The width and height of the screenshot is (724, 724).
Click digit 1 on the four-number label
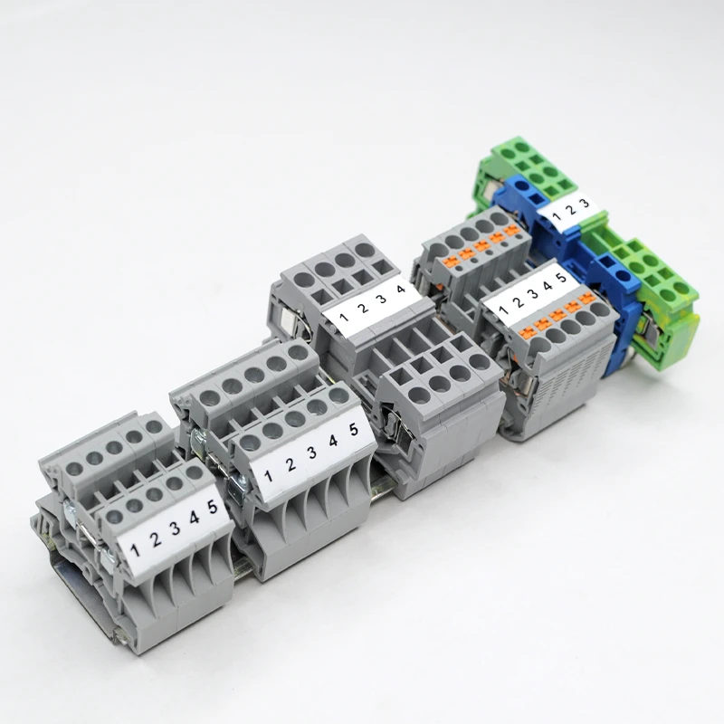click(x=342, y=317)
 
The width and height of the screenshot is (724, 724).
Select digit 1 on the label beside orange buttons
click(x=503, y=305)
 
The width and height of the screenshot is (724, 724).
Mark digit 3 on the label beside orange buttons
click(x=532, y=290)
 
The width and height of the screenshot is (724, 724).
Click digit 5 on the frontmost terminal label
click(x=211, y=508)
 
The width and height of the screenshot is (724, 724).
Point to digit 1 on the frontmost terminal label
click(x=135, y=548)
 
